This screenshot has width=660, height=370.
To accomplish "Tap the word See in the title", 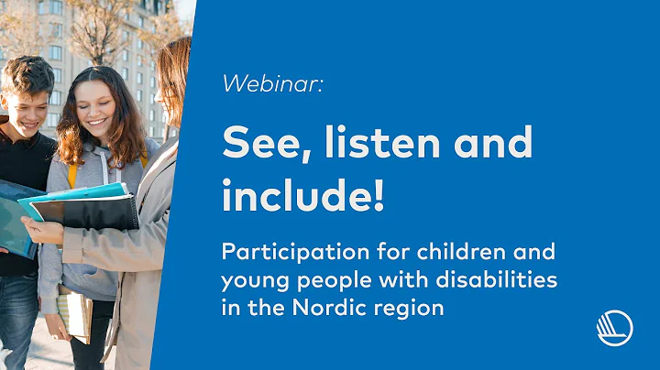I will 258,144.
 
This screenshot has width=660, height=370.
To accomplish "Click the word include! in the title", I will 303,196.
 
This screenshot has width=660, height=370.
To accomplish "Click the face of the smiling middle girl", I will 100,106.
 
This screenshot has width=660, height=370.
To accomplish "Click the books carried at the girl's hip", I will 74,311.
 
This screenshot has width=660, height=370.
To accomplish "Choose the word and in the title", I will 495,144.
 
